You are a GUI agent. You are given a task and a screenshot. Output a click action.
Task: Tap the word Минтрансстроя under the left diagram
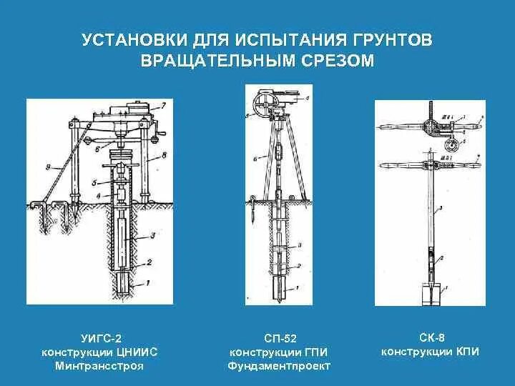[99, 366]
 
